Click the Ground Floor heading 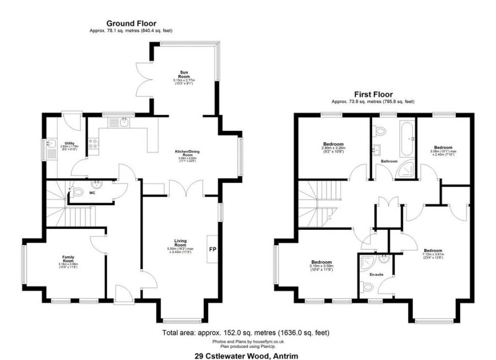tap(131, 23)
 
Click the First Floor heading tap(373, 94)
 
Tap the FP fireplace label tap(212, 249)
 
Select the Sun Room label tap(185, 74)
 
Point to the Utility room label tap(69, 143)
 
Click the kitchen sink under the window tap(125, 123)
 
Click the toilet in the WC tap(77, 192)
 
